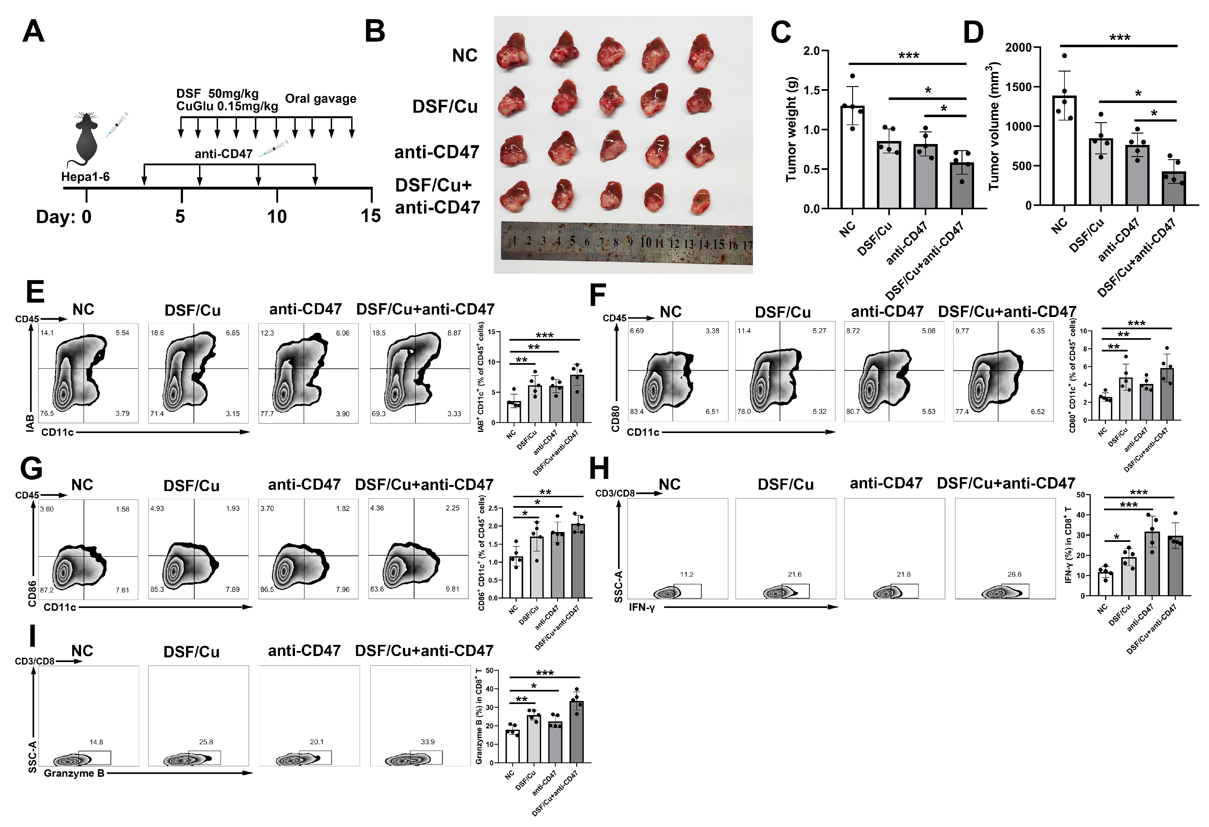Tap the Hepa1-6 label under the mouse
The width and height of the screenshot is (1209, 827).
click(85, 177)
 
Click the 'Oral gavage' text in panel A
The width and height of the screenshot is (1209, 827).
click(321, 99)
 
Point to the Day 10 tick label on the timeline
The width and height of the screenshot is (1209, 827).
click(277, 216)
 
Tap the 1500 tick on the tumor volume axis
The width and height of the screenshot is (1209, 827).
click(1018, 87)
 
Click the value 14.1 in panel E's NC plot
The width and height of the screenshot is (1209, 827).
click(47, 333)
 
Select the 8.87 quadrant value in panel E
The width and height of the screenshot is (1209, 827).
click(454, 333)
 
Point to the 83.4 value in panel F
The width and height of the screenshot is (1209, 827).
click(637, 411)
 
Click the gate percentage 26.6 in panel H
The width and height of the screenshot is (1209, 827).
click(1014, 574)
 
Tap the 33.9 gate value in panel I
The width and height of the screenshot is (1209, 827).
click(428, 742)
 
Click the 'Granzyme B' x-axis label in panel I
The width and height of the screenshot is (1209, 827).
click(74, 773)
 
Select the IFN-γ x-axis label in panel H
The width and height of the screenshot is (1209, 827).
click(641, 607)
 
